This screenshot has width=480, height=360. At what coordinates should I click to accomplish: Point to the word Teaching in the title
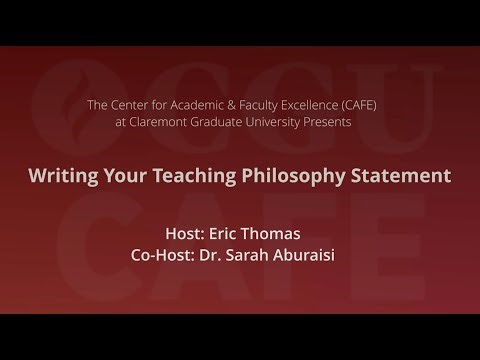click(x=186, y=177)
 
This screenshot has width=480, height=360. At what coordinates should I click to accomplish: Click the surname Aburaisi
click(x=309, y=254)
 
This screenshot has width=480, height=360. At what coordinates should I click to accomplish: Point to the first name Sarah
click(x=250, y=254)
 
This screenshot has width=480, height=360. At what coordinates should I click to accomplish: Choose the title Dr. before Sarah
click(x=214, y=254)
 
